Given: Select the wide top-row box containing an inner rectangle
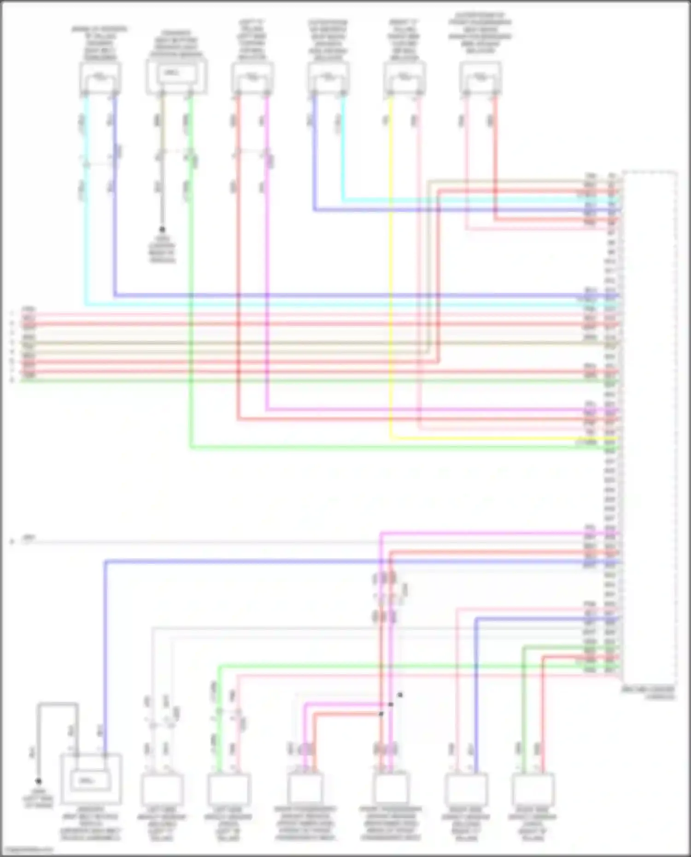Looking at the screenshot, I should click(x=176, y=76).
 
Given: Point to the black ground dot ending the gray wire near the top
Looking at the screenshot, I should click(x=162, y=229).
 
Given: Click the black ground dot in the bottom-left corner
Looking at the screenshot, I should click(x=39, y=781).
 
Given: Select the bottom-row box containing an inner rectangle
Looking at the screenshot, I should click(x=91, y=779).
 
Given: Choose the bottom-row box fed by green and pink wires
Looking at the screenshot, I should click(x=229, y=789).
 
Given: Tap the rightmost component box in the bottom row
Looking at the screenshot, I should click(x=533, y=789).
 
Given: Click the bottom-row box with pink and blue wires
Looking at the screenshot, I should click(x=466, y=789).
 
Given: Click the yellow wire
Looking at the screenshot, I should click(x=391, y=276).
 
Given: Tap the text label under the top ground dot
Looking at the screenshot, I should click(x=162, y=249).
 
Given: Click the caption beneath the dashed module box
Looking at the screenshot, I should click(x=648, y=693).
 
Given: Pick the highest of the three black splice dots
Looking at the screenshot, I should click(x=400, y=694).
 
